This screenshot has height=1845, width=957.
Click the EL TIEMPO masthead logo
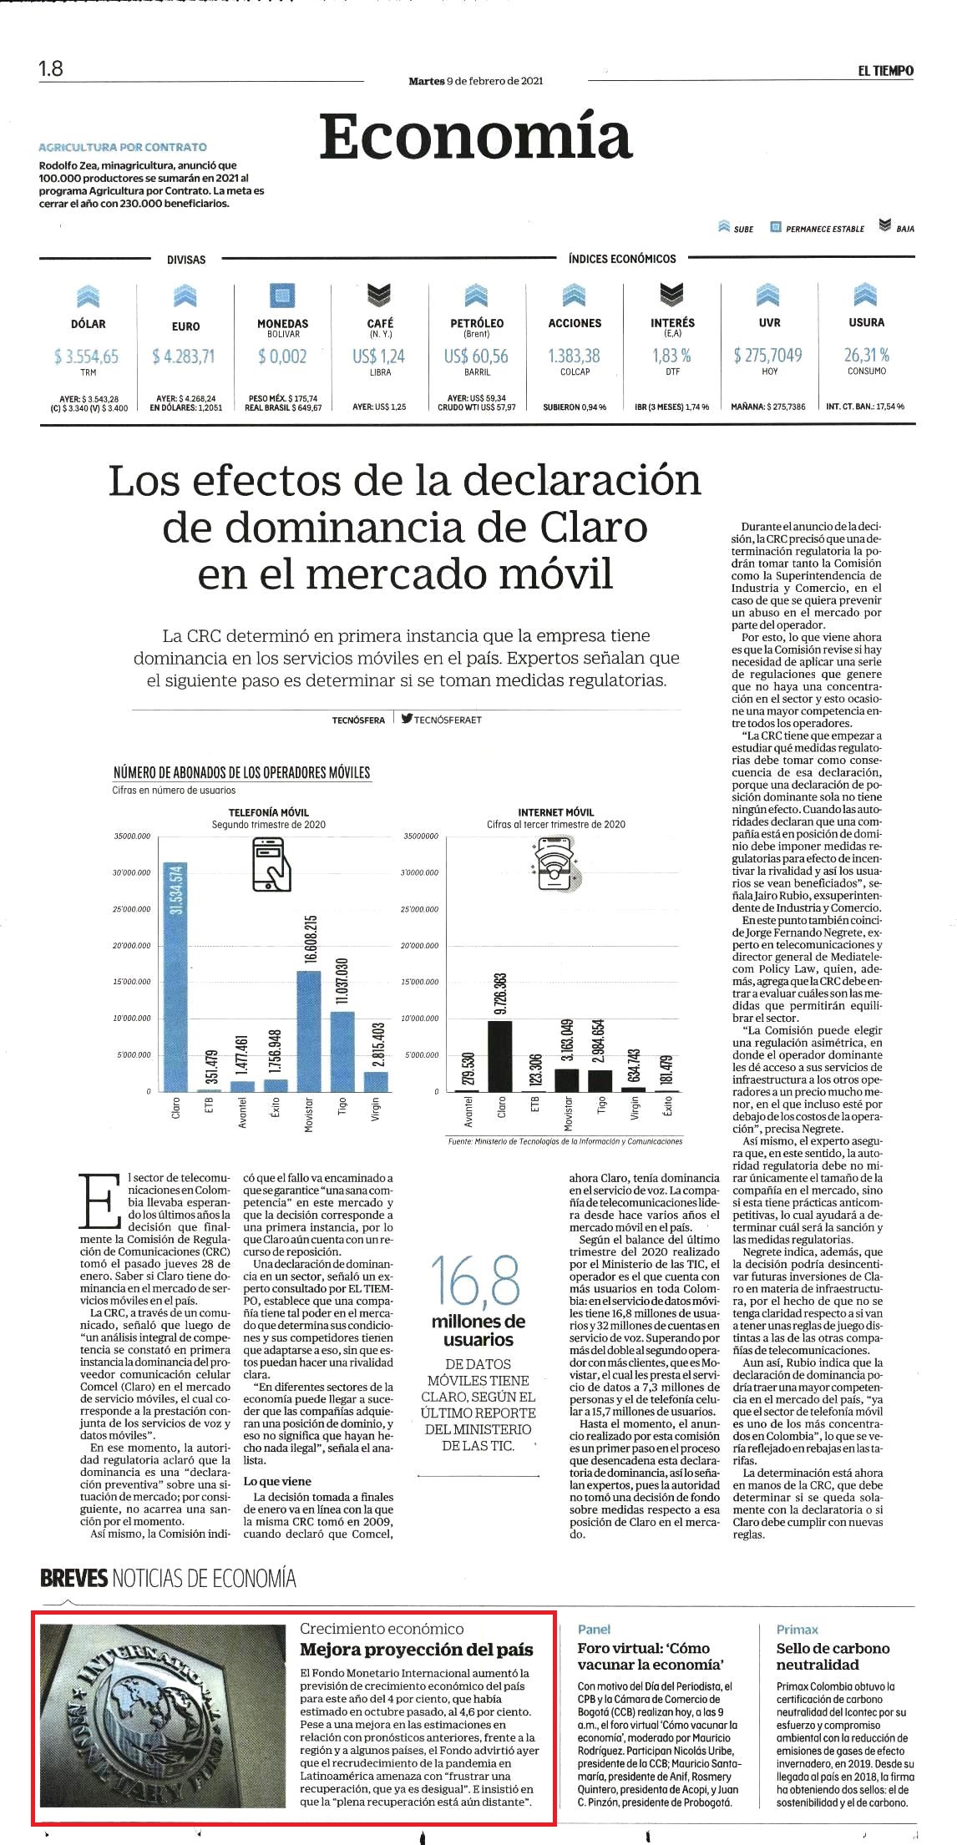coord(885,71)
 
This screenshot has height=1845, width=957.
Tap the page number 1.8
coord(51,68)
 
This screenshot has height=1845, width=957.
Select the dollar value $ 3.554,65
coord(87,356)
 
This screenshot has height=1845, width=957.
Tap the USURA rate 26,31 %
coord(867,355)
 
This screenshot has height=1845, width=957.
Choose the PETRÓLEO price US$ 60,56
coord(476,356)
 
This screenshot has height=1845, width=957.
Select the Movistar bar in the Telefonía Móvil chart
coord(309,1031)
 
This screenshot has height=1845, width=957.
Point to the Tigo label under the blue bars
coord(342,1106)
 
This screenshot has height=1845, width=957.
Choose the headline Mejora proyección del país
coord(416,1650)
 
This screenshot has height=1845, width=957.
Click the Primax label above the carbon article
coord(797,1629)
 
